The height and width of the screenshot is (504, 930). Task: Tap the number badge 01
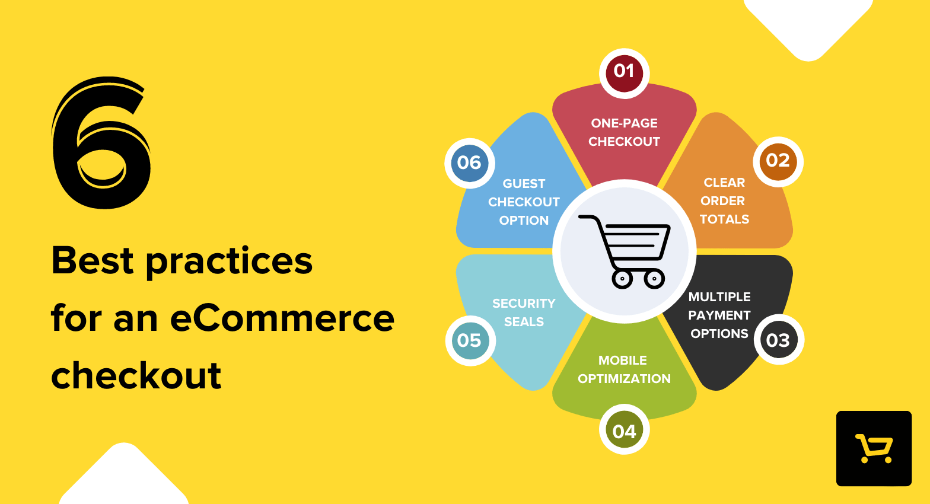coord(624,73)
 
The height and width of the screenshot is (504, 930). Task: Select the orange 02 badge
coord(778,161)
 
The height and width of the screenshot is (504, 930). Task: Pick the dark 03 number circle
coord(778,340)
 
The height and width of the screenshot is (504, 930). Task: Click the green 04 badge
coord(624,429)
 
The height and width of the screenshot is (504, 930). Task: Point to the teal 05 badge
coord(470,340)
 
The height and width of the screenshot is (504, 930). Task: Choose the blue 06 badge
coord(470,163)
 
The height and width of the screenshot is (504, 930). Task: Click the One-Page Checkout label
coord(624,132)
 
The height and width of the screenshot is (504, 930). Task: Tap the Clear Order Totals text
coord(724,200)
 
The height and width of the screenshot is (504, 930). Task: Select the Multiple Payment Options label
coord(719,315)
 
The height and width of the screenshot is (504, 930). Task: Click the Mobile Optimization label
coord(624,369)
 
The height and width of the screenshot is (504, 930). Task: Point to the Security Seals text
coord(524,312)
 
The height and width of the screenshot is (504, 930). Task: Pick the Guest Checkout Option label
coord(524,202)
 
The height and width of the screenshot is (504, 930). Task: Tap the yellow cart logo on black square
coord(874,448)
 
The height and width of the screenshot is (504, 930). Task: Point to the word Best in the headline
coord(93,260)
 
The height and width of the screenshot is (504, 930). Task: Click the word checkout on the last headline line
coord(136,375)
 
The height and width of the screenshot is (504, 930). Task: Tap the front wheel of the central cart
coord(654,279)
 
